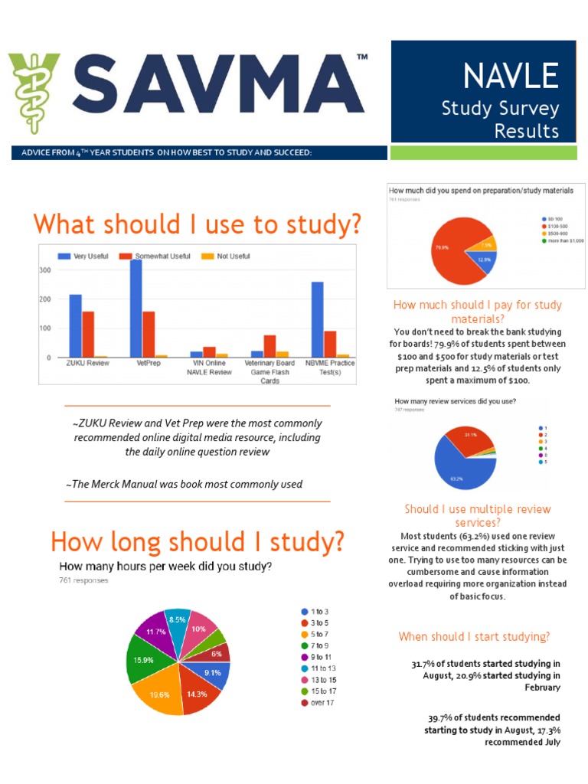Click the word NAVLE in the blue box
click(x=510, y=75)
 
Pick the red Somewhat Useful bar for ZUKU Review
click(x=89, y=334)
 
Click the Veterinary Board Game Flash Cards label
click(x=269, y=372)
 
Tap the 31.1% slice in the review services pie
click(x=469, y=439)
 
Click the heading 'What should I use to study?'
click(x=197, y=224)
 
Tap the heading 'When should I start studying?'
click(x=474, y=637)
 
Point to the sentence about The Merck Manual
click(x=184, y=484)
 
